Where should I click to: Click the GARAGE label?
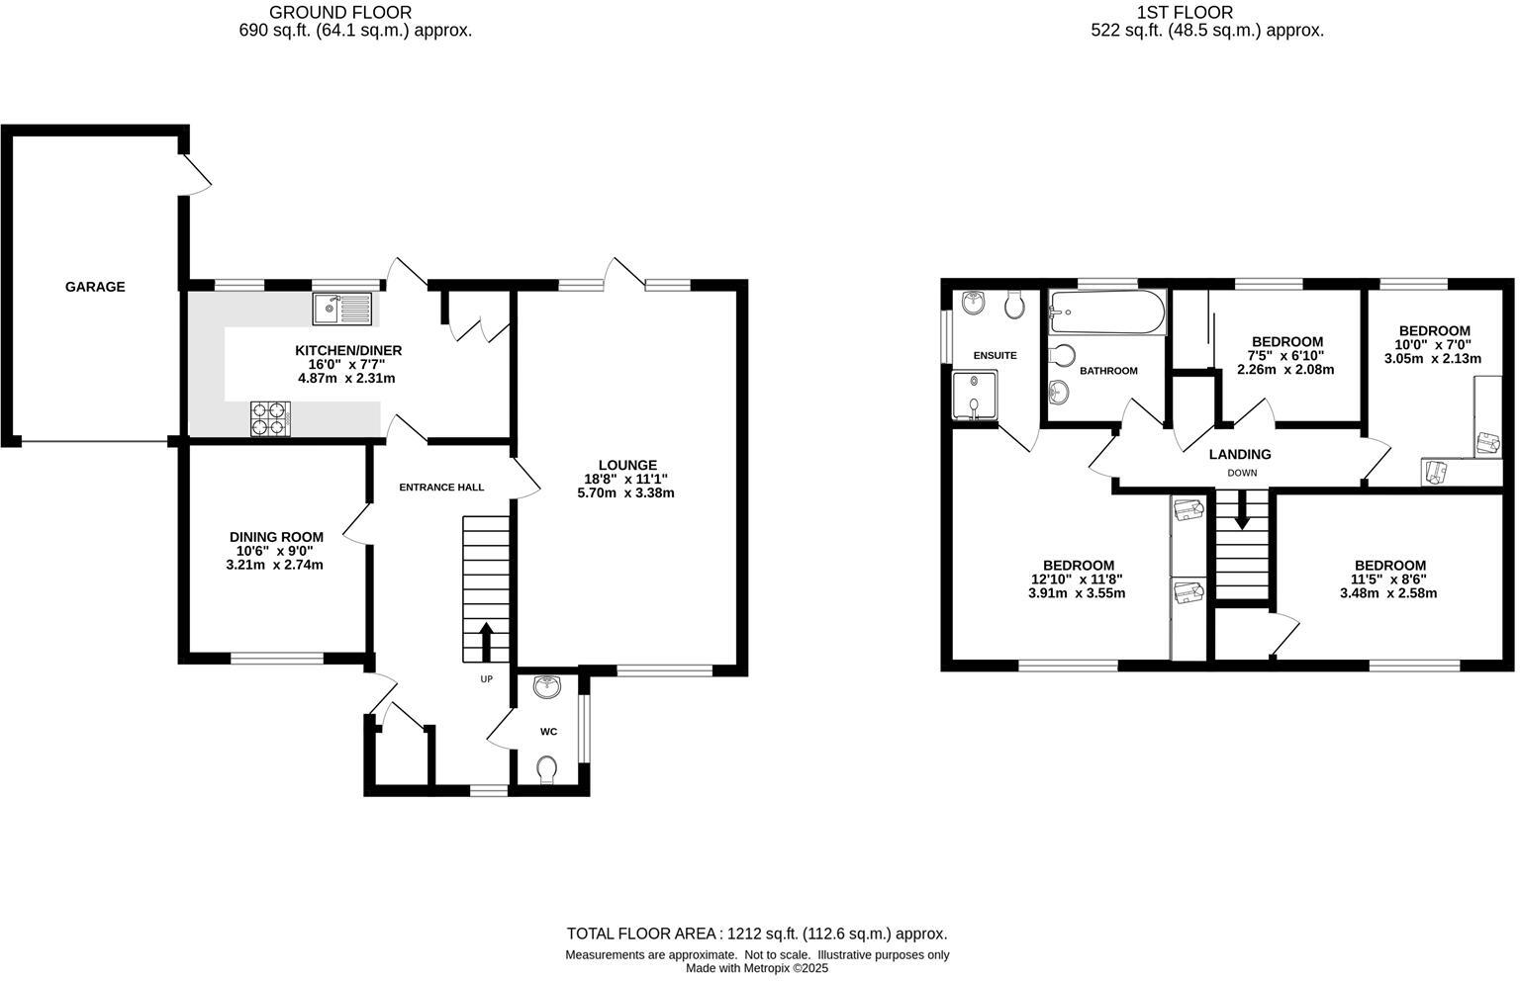(x=95, y=287)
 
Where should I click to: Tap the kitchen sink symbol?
(x=341, y=309)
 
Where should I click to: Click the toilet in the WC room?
(x=546, y=768)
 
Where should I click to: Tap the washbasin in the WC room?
(x=547, y=686)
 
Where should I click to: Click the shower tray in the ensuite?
(x=975, y=395)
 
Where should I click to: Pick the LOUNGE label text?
(x=627, y=465)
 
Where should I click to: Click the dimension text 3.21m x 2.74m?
(x=274, y=565)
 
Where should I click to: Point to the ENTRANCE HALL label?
(x=441, y=488)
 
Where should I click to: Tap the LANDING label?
(x=1240, y=455)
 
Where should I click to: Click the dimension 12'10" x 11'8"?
(x=1077, y=580)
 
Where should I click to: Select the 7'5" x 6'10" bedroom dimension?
(x=1285, y=356)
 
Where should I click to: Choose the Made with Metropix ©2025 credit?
(x=757, y=968)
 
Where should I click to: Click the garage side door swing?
(x=199, y=175)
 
